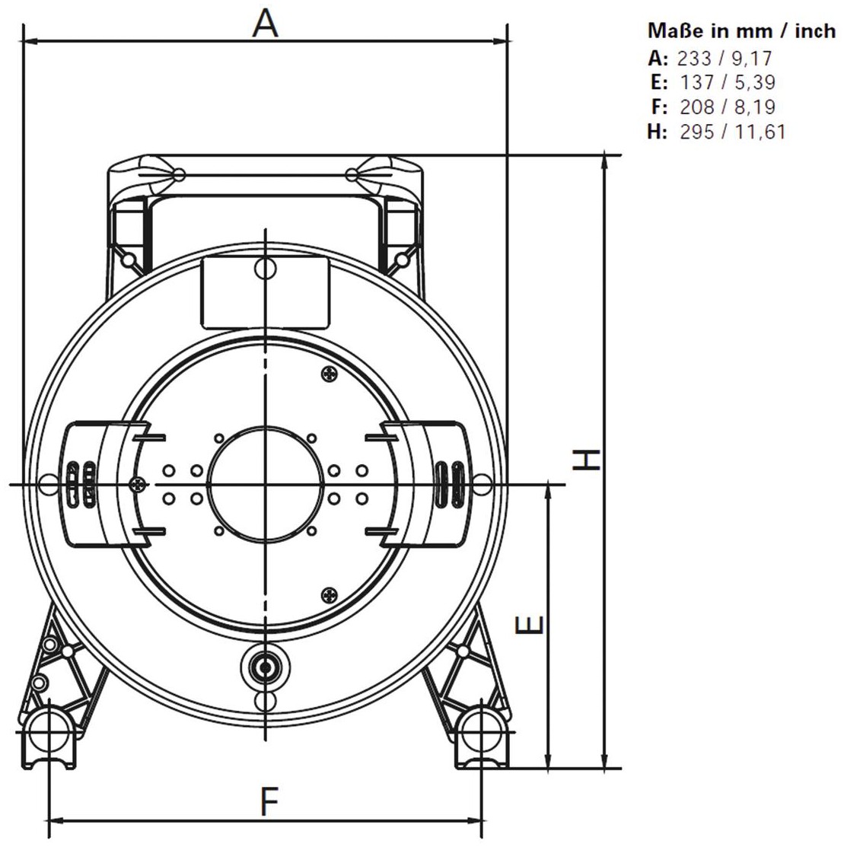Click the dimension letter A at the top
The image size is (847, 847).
tap(266, 24)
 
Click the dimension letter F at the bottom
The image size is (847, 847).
tap(269, 801)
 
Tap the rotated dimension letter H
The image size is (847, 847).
tap(586, 460)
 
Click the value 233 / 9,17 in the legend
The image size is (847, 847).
tap(724, 58)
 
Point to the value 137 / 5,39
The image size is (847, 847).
tap(727, 82)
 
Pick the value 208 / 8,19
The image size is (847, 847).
tap(727, 107)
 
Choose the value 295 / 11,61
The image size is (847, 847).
tap(733, 131)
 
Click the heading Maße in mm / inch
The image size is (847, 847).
tap(742, 30)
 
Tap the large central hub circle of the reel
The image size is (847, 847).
tap(266, 428)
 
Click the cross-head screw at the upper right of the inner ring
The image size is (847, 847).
tap(330, 373)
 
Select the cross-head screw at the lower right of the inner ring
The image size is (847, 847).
tap(330, 595)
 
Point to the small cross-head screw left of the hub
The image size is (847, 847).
tap(139, 485)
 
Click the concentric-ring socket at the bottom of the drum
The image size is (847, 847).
tap(266, 667)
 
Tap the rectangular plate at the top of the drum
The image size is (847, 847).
tap(266, 293)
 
